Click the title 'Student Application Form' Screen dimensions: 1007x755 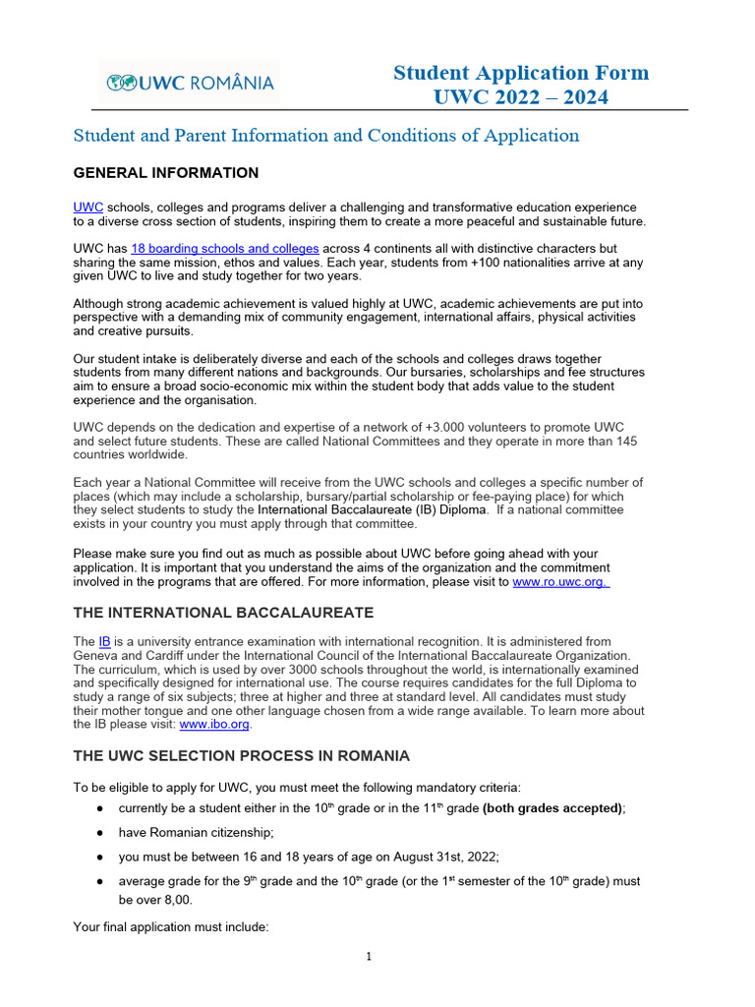tap(521, 73)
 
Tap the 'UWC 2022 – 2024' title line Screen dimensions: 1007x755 tap(521, 96)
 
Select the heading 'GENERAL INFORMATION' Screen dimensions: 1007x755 tap(166, 173)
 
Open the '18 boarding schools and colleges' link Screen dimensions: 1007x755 tap(225, 249)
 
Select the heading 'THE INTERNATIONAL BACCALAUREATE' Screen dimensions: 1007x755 tap(223, 613)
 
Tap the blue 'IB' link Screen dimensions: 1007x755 tap(104, 641)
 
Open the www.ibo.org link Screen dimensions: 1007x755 tap(214, 724)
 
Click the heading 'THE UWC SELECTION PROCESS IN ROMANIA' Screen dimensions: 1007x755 tap(242, 756)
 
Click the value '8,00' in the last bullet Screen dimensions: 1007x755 tap(175, 900)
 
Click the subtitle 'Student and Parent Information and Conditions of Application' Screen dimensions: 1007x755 tap(326, 136)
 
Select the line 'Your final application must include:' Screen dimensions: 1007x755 tap(171, 927)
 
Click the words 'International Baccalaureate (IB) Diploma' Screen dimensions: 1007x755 tap(372, 509)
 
